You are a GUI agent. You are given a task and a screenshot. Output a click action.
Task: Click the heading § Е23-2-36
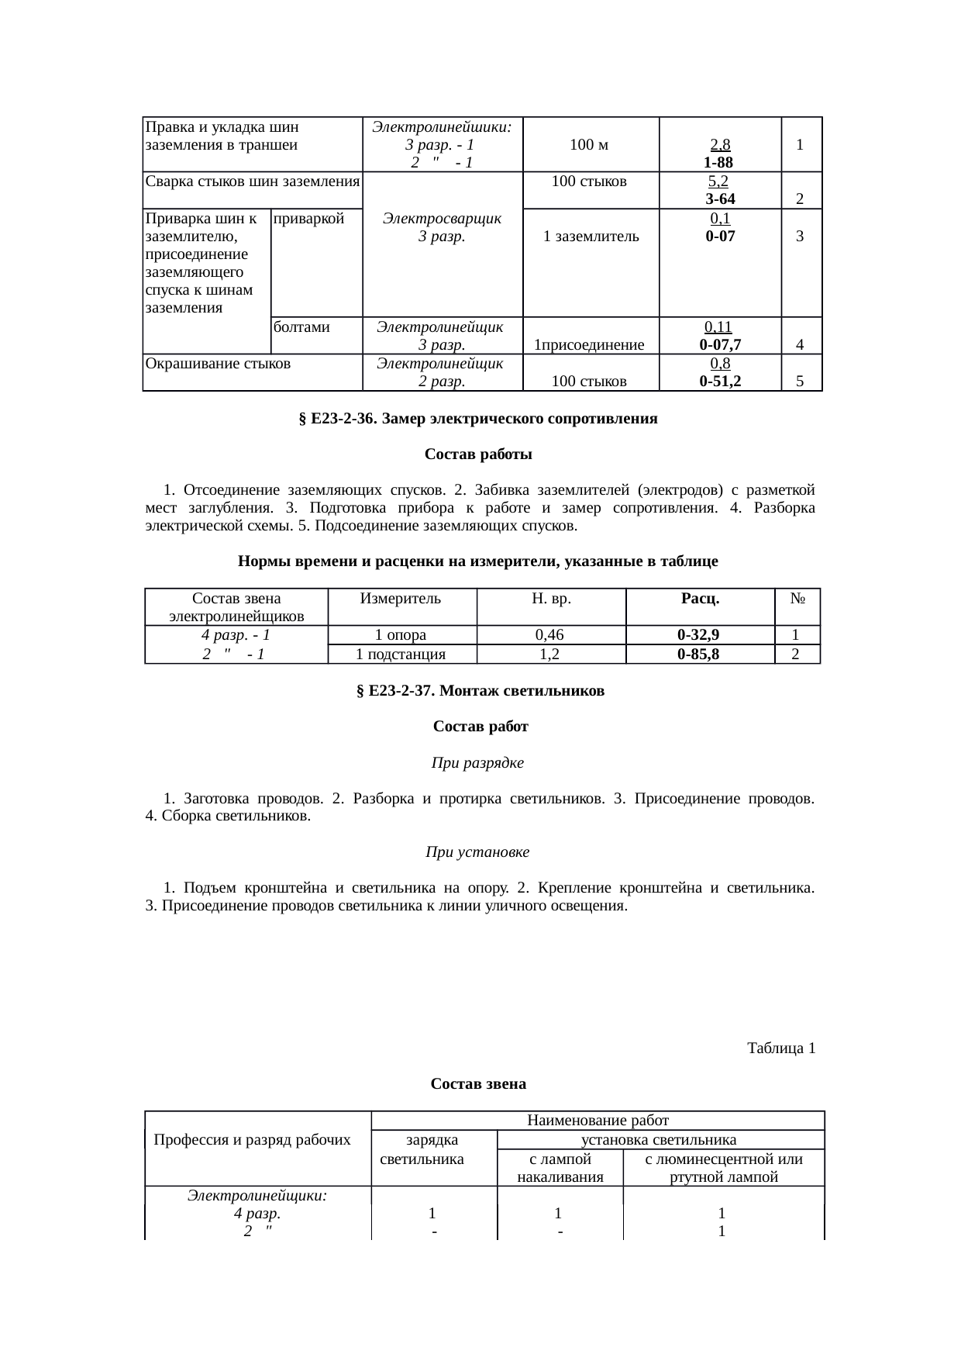tap(477, 419)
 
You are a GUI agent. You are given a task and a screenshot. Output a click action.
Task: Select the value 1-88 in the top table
tap(719, 162)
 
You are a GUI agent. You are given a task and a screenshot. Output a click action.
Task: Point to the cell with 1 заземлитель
tap(591, 237)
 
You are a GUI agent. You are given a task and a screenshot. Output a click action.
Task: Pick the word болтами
tap(302, 327)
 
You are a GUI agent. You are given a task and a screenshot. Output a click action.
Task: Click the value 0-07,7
tap(720, 344)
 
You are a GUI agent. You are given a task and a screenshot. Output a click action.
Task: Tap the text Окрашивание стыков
tap(218, 363)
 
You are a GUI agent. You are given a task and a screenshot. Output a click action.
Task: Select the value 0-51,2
tap(720, 381)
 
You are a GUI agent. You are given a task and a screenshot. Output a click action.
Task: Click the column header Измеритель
tap(401, 598)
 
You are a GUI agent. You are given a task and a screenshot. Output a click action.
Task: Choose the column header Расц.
tap(699, 598)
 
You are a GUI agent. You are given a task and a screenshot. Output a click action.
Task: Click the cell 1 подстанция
tap(401, 654)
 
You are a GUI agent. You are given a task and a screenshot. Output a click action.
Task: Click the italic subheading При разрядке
tap(477, 763)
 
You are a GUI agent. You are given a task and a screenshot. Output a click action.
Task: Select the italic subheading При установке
tap(477, 852)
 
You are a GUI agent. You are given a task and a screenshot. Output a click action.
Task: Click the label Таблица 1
tap(780, 1048)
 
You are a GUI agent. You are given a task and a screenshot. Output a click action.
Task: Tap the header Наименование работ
tap(598, 1120)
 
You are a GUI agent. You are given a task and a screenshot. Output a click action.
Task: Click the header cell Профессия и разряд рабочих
tap(253, 1139)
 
